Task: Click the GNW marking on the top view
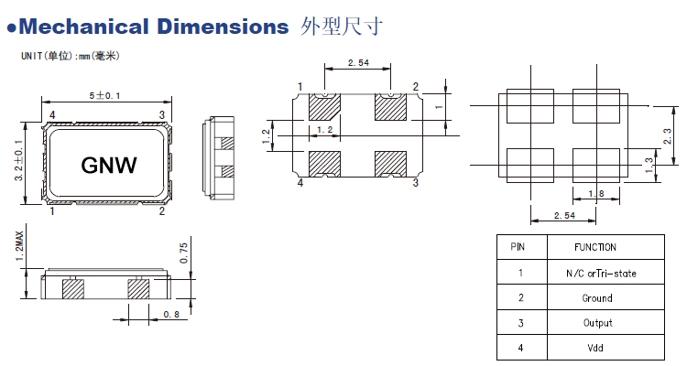[109, 165]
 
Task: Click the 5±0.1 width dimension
[105, 95]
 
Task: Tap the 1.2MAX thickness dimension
[19, 247]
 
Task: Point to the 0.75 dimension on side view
[183, 253]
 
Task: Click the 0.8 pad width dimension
[170, 314]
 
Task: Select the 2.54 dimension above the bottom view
[358, 62]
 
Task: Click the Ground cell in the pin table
[597, 298]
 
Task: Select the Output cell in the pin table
[597, 323]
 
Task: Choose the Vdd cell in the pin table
[597, 348]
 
